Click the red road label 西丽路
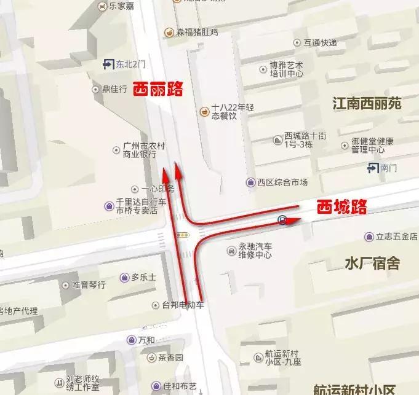158,89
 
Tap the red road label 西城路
341,207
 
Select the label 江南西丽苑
367,103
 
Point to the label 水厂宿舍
372,264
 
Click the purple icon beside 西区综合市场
251,182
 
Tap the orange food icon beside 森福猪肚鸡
168,32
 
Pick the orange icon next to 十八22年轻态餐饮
204,111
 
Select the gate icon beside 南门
372,167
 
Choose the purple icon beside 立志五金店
369,237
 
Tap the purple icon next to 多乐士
126,278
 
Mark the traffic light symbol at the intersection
182,235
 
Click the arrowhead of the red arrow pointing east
295,219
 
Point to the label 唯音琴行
89,285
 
